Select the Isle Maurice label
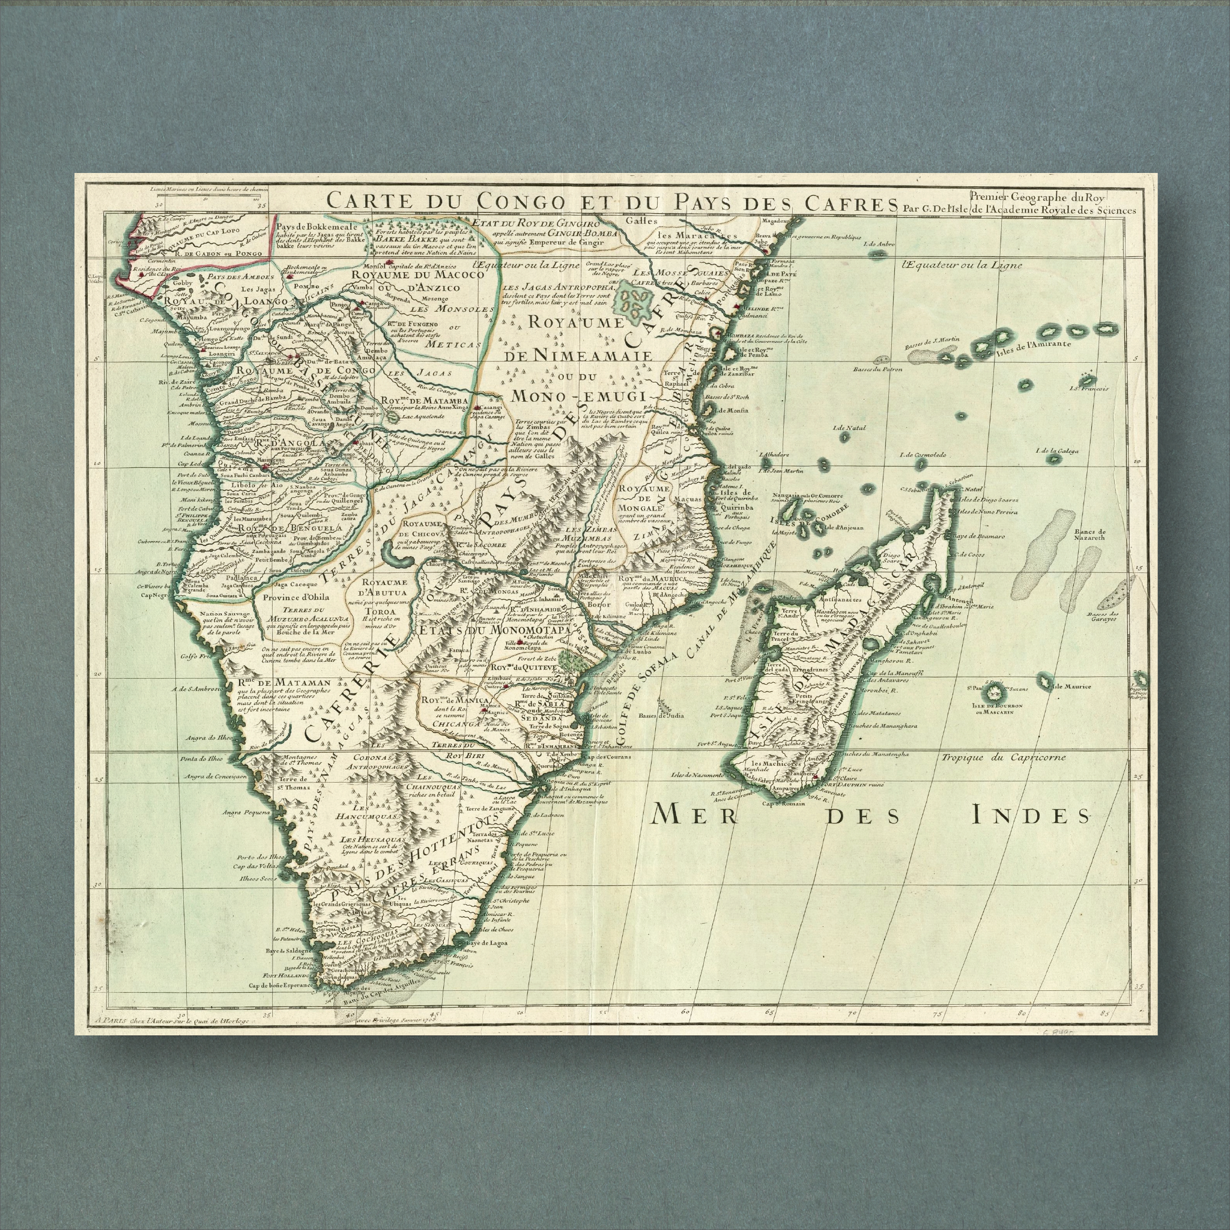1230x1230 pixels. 1071,686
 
